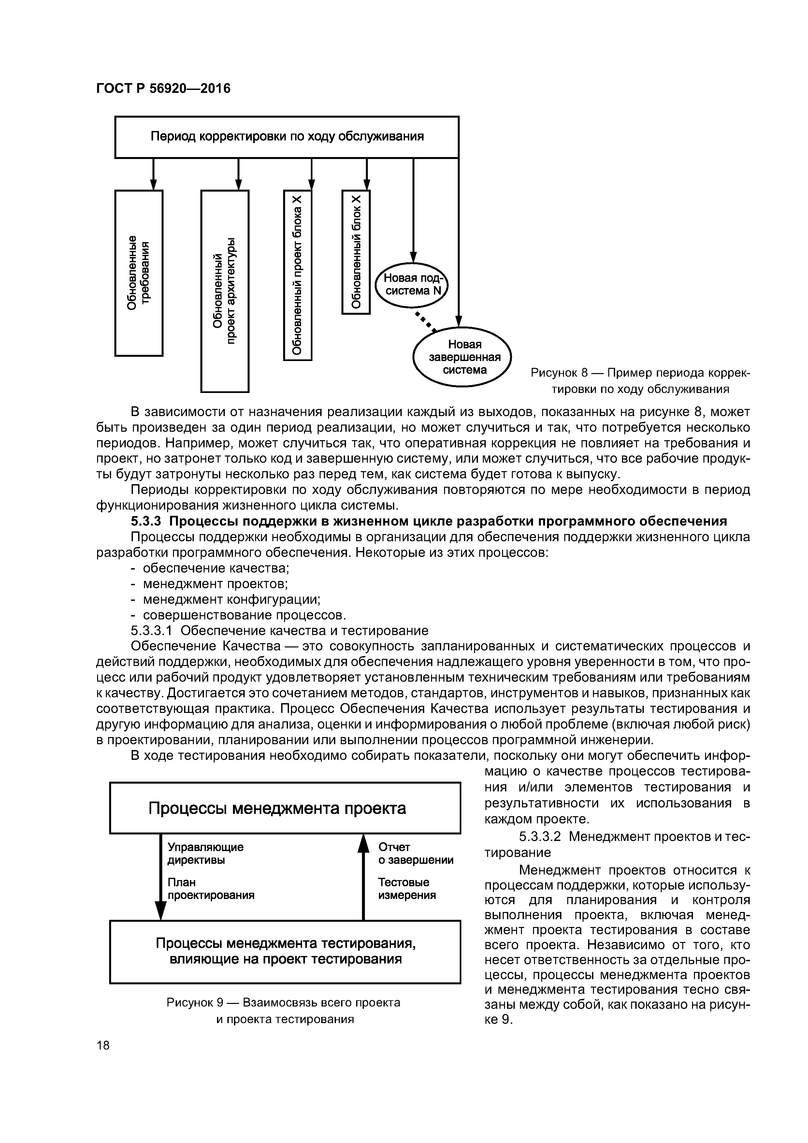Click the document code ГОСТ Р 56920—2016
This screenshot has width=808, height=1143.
pos(163,89)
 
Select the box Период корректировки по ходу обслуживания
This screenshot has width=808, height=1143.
pos(287,137)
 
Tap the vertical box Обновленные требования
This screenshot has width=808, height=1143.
pos(139,273)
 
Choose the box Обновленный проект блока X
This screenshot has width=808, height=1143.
pos(297,275)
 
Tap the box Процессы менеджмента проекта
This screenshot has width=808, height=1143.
pos(285,808)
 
